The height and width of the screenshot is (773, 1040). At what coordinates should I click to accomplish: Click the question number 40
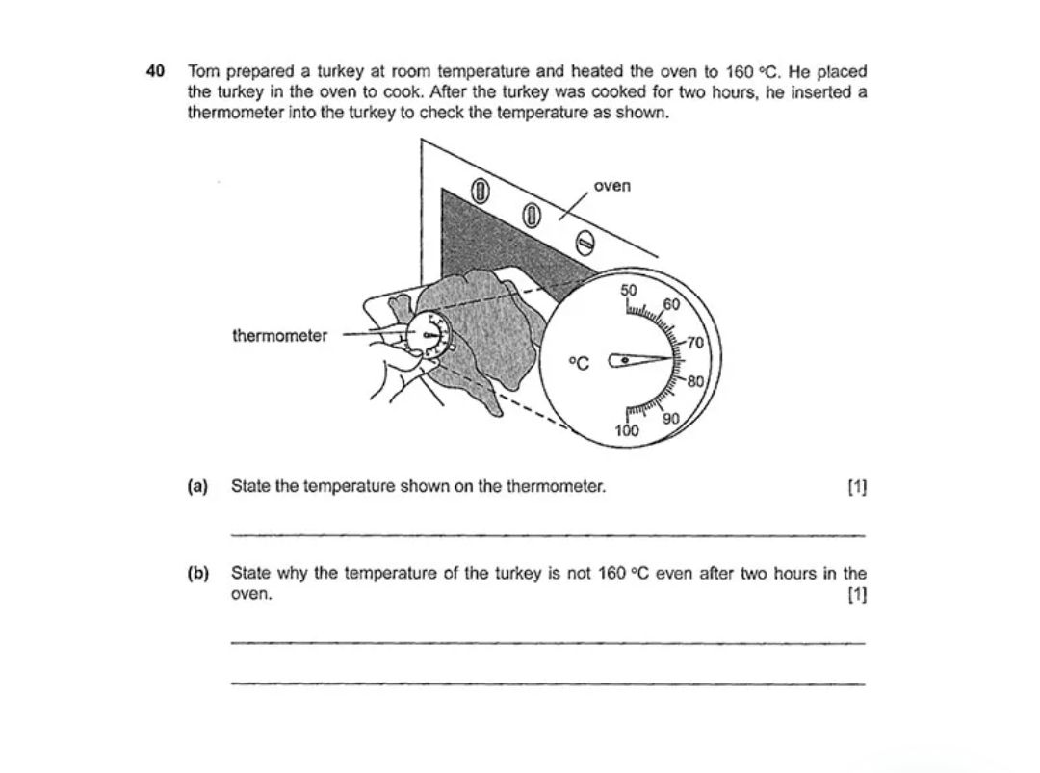click(x=154, y=71)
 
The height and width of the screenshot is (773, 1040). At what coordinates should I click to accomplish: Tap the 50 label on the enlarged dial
click(x=628, y=290)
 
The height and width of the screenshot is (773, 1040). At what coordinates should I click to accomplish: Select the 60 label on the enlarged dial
click(x=671, y=305)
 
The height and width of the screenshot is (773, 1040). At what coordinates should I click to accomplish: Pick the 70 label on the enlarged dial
click(x=695, y=343)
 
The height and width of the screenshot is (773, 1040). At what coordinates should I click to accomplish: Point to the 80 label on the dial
click(x=695, y=380)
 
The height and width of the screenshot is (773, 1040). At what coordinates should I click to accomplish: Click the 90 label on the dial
click(x=671, y=418)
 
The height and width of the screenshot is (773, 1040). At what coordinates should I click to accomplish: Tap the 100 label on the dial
click(x=627, y=431)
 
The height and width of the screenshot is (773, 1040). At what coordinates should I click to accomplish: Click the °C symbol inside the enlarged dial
click(x=578, y=362)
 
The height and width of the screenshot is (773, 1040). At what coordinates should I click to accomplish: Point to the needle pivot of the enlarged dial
click(x=625, y=360)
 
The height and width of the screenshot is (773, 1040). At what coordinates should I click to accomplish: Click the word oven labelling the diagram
click(x=612, y=185)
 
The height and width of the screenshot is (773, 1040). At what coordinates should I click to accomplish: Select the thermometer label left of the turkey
click(x=279, y=336)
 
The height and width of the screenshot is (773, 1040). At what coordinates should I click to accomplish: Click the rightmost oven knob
click(x=582, y=243)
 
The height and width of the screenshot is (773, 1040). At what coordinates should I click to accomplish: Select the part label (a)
click(x=197, y=486)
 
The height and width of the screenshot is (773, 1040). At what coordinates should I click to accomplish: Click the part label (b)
click(x=197, y=574)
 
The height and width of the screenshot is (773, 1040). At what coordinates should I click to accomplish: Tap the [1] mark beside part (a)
click(x=856, y=487)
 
